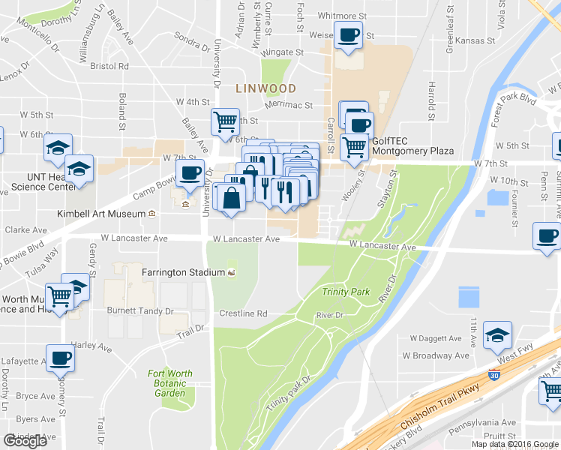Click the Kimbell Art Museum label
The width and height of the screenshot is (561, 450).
point(101,214)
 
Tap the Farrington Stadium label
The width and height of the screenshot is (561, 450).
point(184,271)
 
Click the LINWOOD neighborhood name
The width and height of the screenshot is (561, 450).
point(265,88)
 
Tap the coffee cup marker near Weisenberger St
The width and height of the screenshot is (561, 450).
point(348,35)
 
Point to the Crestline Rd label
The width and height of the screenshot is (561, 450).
point(243,313)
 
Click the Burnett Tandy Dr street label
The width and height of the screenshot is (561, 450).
point(143,310)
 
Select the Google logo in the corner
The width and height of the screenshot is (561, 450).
point(25,441)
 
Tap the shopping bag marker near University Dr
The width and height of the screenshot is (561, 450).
point(232,197)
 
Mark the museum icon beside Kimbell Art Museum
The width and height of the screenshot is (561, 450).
point(151,214)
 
